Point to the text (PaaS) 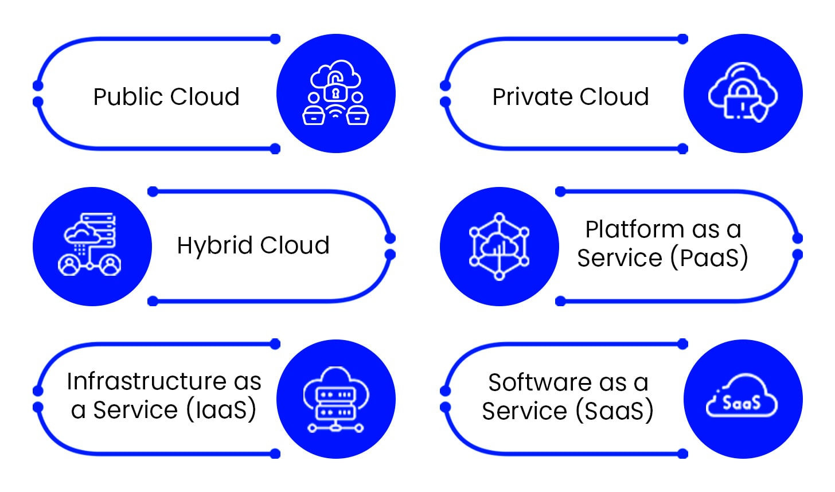point(709,258)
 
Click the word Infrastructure point(147,381)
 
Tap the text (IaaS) point(221,410)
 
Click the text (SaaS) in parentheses point(614,411)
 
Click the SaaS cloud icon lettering point(742,403)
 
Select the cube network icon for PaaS point(499,247)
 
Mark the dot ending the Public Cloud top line point(275,39)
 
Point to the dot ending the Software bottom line point(682,454)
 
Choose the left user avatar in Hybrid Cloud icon point(69,265)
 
